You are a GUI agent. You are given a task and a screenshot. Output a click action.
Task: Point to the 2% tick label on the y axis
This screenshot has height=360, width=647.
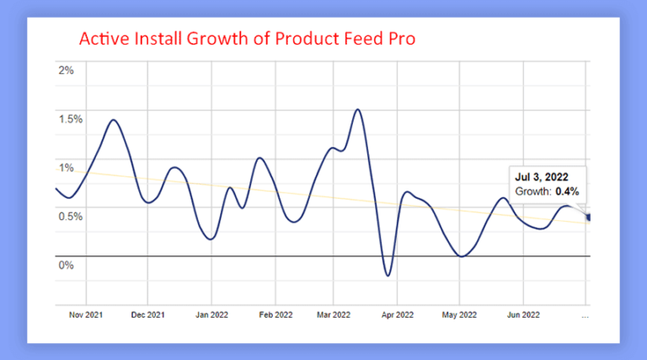pos(66,69)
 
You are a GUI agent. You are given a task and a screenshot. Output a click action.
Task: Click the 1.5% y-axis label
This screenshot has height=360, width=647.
pos(70,118)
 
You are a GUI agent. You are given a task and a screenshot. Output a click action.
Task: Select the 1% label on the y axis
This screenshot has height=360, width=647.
pos(66,167)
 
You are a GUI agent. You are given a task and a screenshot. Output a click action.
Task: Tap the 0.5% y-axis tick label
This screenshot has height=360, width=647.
pos(70,216)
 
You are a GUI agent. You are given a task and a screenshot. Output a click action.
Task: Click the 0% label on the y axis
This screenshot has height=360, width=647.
pos(66,265)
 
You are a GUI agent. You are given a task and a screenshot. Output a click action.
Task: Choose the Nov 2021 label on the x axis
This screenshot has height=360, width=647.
pos(86,315)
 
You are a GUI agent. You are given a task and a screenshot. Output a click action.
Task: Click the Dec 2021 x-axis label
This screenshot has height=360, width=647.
pos(147,315)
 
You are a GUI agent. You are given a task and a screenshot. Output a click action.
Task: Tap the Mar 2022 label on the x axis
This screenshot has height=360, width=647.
pos(334,315)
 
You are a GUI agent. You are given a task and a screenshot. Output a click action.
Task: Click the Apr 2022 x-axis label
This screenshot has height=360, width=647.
pos(397,315)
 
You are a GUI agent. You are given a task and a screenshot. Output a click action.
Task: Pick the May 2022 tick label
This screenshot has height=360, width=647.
pos(459,315)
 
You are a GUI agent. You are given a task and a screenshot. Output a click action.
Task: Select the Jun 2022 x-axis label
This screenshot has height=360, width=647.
pos(521,315)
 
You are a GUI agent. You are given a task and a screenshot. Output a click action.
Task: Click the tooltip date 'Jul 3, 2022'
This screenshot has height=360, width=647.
pos(541,176)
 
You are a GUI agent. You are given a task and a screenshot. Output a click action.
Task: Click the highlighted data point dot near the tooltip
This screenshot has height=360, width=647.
pos(589,218)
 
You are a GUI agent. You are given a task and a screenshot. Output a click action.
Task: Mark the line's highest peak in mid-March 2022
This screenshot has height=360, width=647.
pos(358,109)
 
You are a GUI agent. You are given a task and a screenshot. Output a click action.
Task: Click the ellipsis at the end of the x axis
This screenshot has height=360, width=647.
pos(585,315)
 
